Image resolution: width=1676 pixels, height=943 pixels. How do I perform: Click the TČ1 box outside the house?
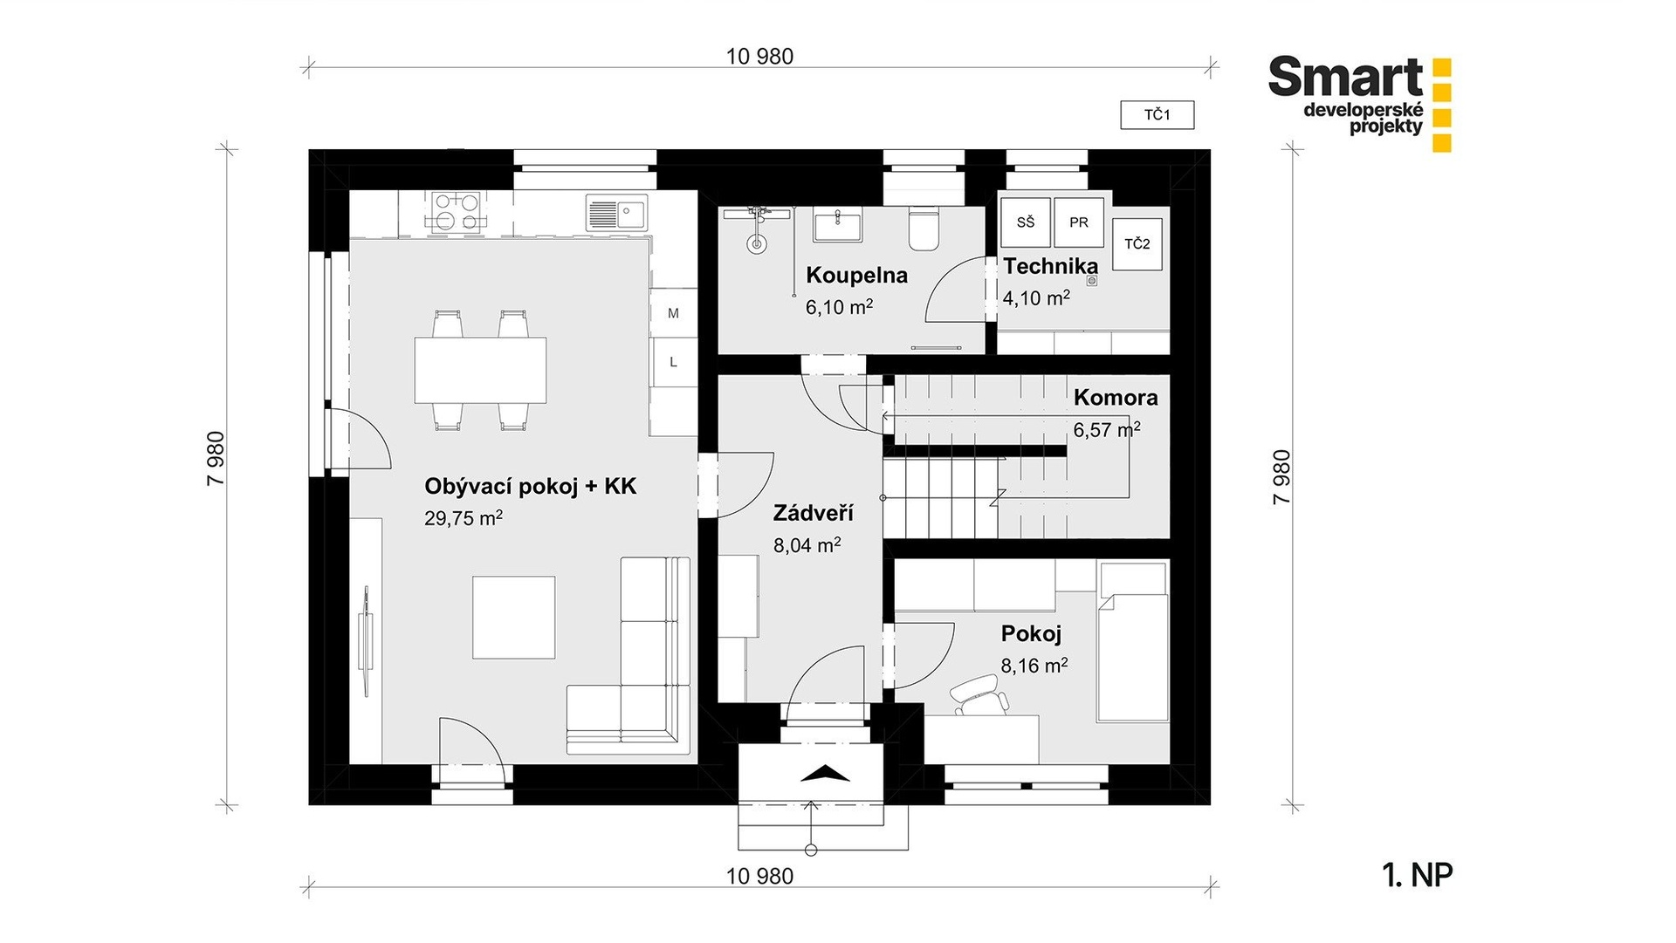point(1157,115)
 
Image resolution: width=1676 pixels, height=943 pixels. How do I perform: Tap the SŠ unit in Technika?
point(1025,222)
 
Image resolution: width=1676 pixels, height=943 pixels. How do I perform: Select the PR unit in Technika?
point(1079,222)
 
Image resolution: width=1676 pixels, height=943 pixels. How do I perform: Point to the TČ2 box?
point(1137,244)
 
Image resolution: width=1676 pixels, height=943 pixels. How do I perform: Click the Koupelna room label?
point(856,276)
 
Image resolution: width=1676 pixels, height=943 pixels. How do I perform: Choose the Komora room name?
point(1116,398)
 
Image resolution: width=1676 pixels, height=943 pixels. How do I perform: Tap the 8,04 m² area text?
point(807,545)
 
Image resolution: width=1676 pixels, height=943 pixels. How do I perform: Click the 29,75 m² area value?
point(464,518)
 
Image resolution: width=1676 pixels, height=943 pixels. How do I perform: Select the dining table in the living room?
point(480,370)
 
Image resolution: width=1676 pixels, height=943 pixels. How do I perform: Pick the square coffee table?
point(514,618)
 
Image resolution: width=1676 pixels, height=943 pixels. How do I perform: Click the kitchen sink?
point(616,212)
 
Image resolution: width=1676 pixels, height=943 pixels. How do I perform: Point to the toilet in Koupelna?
point(922,228)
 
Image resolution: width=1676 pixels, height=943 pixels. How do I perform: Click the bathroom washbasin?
point(837,224)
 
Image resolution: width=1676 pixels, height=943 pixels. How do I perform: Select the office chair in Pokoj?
point(977,697)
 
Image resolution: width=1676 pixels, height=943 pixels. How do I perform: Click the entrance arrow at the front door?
point(824,773)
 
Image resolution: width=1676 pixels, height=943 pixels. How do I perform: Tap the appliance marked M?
point(673,313)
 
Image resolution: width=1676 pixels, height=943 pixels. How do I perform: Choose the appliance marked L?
point(673,362)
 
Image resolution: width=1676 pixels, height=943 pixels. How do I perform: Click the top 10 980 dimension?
point(759,57)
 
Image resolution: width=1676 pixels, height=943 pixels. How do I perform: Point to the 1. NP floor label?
point(1418,875)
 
